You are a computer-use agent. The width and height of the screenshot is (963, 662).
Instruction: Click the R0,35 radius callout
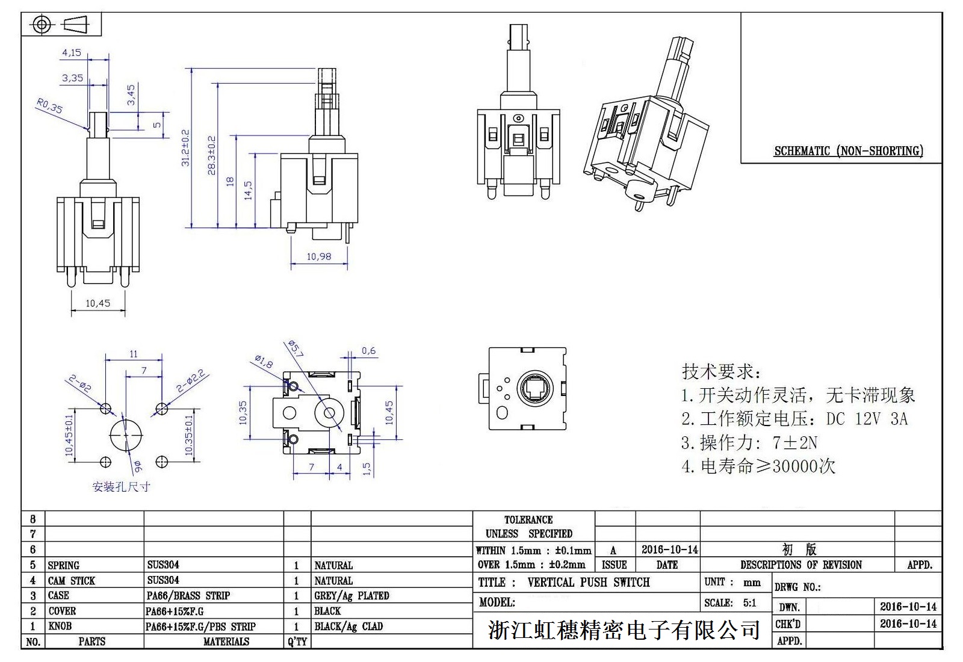tap(49, 107)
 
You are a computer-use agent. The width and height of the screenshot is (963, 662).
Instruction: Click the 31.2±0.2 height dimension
tap(185, 148)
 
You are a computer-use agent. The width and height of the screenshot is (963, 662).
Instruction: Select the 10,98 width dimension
tap(319, 256)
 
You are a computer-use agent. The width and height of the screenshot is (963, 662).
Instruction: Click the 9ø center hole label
tap(138, 465)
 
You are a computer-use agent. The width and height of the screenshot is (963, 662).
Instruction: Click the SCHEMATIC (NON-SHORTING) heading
tap(849, 151)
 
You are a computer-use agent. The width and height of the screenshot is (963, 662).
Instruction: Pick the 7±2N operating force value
tap(794, 443)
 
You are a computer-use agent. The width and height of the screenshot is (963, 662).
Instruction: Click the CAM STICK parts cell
tap(72, 581)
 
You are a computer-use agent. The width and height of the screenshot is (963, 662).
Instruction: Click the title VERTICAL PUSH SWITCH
tap(589, 583)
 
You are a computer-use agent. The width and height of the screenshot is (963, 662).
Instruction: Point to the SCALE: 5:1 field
tap(730, 603)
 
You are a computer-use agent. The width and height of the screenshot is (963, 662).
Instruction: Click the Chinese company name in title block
tap(623, 630)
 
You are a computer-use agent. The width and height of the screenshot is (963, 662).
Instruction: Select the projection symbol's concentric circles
tap(41, 25)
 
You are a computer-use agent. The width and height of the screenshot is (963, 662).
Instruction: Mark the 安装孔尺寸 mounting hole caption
tap(121, 487)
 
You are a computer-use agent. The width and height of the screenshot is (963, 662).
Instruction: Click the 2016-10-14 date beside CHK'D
tap(908, 623)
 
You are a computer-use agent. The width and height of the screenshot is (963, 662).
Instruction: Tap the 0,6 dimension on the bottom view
tap(368, 351)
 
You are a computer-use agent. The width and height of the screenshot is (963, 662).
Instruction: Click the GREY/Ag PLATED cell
tap(351, 596)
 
